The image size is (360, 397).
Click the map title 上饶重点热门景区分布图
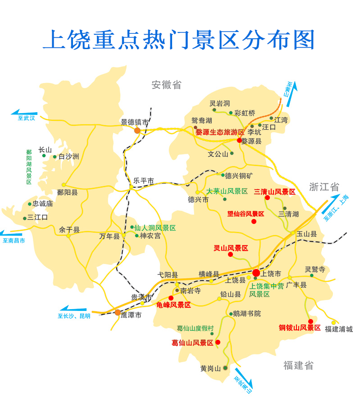point(179,40)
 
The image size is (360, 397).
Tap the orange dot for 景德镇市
point(137,130)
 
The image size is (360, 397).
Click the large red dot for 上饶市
point(256,273)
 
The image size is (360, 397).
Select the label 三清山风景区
point(274,192)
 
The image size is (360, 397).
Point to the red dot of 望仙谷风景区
point(254,221)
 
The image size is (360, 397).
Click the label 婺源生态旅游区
point(219,132)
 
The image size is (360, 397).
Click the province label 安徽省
point(166,84)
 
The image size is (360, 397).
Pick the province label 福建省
point(298,365)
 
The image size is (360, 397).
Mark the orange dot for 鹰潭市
point(118,312)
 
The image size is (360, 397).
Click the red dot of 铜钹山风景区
point(310,321)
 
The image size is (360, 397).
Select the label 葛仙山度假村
point(195,329)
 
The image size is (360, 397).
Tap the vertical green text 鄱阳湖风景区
point(29,167)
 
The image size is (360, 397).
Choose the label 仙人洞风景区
point(155,228)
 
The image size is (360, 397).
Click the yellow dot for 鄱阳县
point(64,185)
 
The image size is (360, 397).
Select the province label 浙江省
point(324,187)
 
